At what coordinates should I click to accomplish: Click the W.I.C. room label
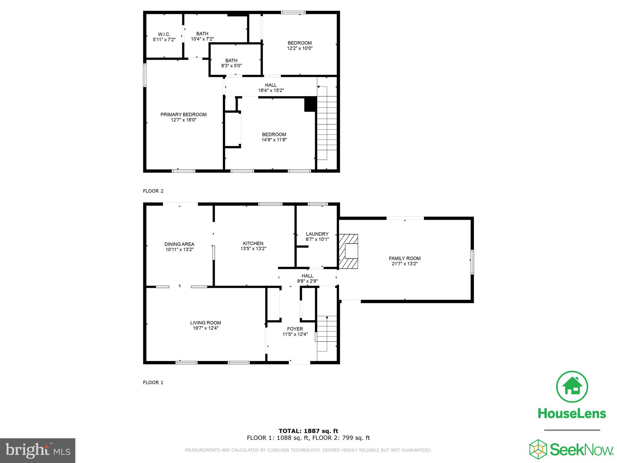point(164,34)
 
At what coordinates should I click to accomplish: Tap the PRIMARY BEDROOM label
point(183,115)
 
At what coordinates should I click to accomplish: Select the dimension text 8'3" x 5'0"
point(231,66)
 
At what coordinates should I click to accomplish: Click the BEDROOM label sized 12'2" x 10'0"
point(299,43)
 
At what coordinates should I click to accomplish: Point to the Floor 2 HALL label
point(271,85)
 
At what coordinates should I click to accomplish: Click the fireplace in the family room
point(349,251)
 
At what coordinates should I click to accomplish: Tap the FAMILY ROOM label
point(405,258)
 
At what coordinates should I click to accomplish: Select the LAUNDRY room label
point(317,234)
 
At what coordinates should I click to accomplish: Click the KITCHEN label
point(253,244)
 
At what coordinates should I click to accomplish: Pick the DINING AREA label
point(179,244)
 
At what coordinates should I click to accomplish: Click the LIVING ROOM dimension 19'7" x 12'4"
point(205,328)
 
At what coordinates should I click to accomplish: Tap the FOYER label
point(295,329)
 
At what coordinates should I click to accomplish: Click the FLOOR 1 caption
point(153,383)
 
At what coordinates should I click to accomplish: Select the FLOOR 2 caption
point(153,191)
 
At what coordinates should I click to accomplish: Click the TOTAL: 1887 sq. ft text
point(308,431)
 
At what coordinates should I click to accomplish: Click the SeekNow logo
point(572,449)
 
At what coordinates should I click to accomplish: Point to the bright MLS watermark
point(37,450)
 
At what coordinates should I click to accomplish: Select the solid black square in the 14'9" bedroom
point(310,104)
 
